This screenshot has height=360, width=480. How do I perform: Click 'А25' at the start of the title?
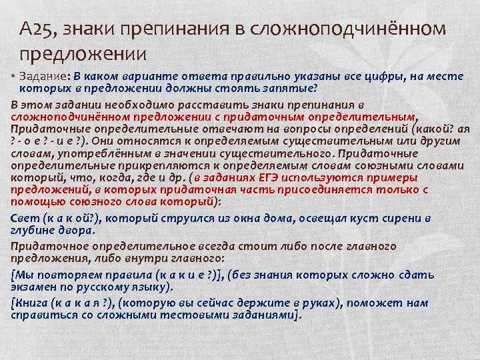click(x=35, y=29)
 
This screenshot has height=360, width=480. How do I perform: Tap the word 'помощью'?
click(x=35, y=201)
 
